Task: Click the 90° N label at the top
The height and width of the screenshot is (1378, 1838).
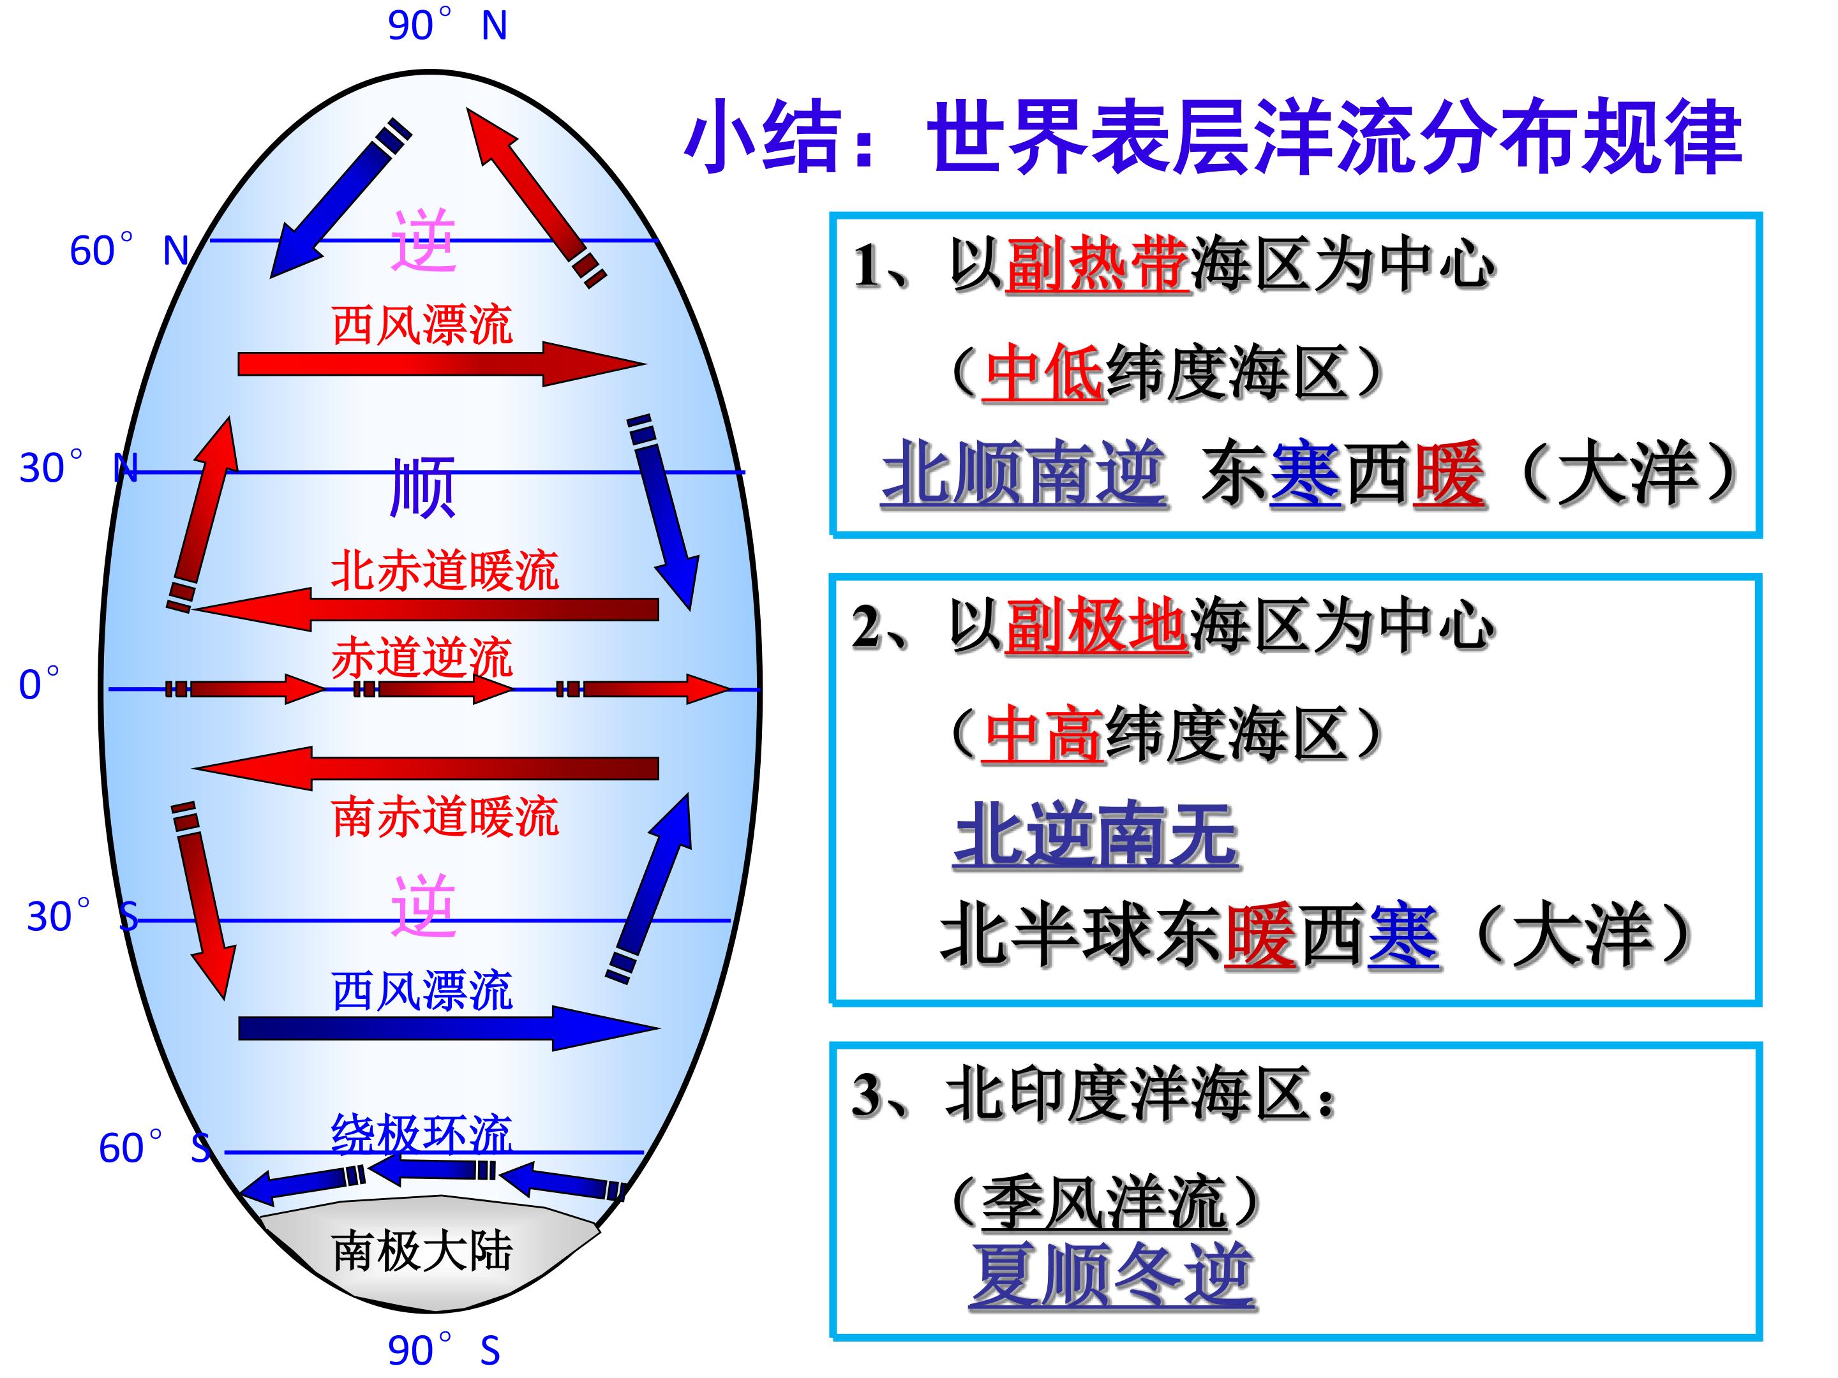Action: (447, 25)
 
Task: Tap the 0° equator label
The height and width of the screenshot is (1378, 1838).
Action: (39, 685)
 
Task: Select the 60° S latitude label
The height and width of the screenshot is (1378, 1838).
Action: (154, 1148)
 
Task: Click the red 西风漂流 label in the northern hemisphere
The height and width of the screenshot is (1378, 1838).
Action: (422, 325)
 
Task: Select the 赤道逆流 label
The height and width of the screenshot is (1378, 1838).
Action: (422, 658)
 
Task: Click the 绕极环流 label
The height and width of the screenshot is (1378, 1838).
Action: (422, 1135)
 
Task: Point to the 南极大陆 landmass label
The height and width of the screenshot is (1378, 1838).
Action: (422, 1251)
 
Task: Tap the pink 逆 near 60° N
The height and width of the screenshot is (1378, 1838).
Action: (424, 241)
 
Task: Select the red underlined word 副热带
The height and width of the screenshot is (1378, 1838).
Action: (1097, 266)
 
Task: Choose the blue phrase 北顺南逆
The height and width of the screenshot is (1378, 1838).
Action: (1024, 473)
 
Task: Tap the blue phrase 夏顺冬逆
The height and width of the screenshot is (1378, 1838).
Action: (1112, 1277)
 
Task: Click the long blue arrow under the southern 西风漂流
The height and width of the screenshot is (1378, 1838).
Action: (449, 1028)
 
